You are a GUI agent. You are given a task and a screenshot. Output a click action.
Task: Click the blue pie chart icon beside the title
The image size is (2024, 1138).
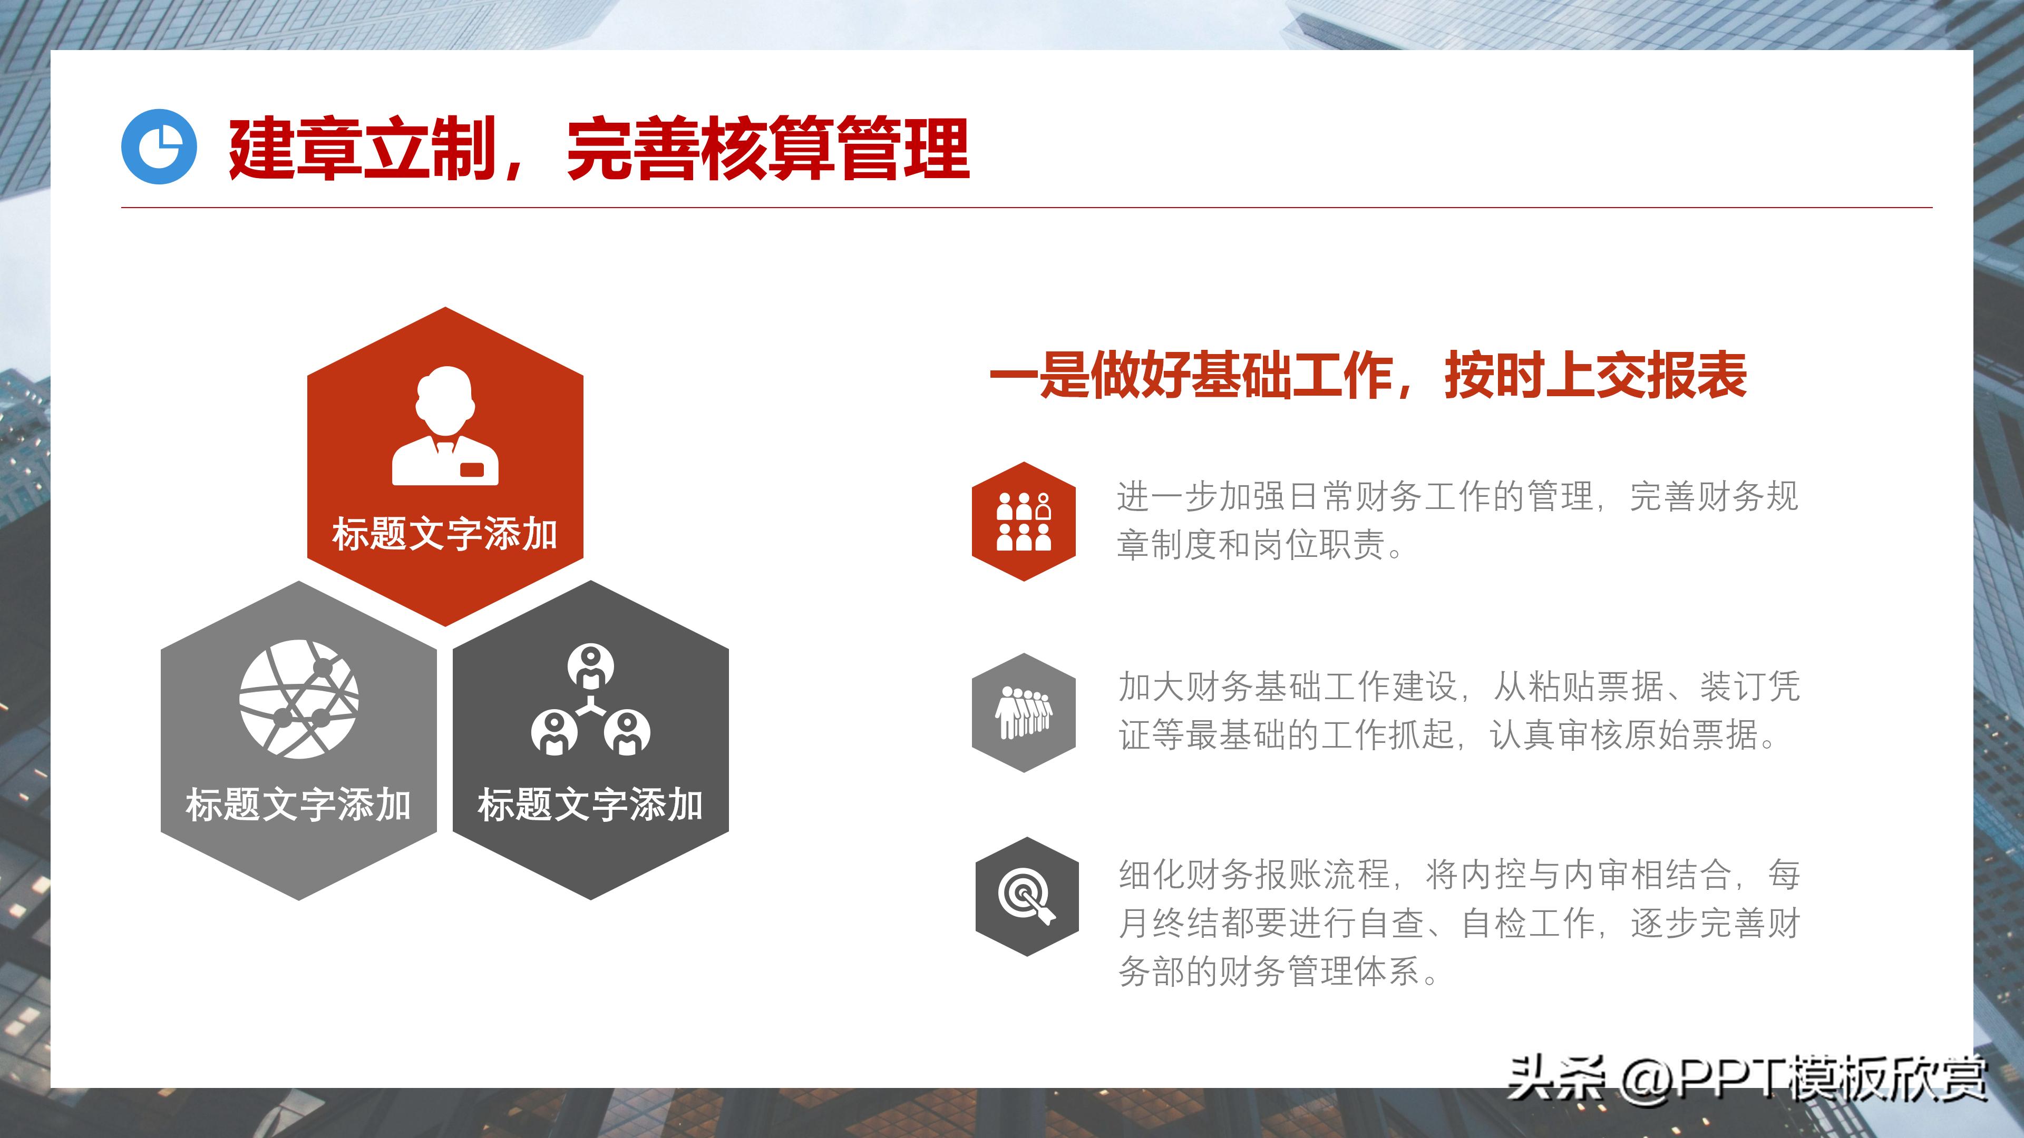click(x=159, y=147)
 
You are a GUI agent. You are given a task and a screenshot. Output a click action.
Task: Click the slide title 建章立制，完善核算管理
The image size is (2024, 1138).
click(x=599, y=149)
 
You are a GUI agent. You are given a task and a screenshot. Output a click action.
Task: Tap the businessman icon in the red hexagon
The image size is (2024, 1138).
click(x=445, y=426)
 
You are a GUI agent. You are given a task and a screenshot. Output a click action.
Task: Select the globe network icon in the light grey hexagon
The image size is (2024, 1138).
click(x=298, y=699)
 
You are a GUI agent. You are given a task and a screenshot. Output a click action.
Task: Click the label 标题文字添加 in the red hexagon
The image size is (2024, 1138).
click(x=445, y=535)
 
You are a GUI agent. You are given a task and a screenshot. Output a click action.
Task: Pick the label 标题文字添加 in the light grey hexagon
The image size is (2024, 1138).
click(x=298, y=805)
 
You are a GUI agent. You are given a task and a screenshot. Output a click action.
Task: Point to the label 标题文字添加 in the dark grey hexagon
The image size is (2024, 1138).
click(x=590, y=805)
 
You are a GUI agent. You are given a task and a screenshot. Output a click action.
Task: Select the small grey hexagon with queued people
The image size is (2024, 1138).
click(x=1023, y=712)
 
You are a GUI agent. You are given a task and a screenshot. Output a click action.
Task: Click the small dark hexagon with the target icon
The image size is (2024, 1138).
click(x=1026, y=896)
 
